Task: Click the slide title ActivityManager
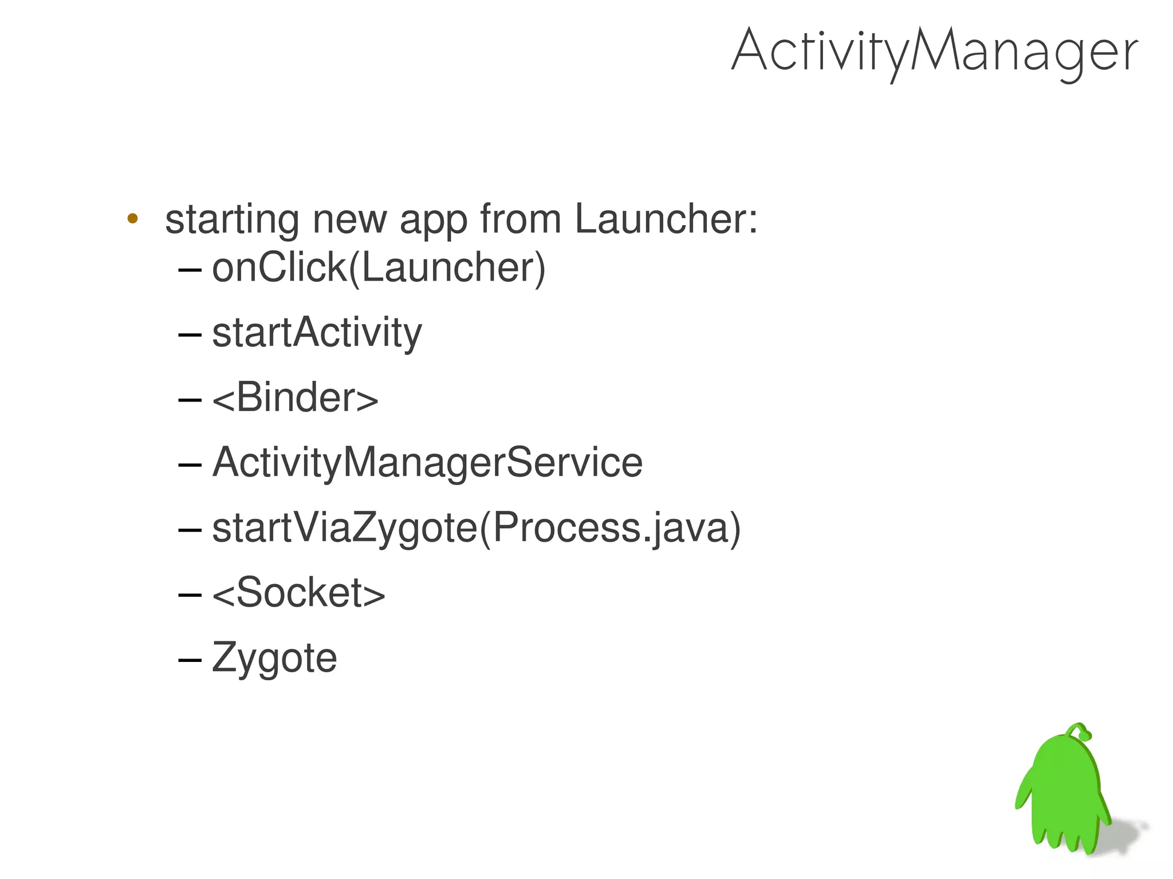[x=934, y=52]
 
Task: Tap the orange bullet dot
[x=132, y=218]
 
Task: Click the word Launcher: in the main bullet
[x=666, y=219]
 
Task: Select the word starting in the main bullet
[x=231, y=220]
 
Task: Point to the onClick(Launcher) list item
[x=378, y=267]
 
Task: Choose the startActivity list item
[x=317, y=333]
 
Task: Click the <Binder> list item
[x=295, y=397]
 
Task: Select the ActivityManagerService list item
[x=427, y=463]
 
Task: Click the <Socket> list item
[x=298, y=593]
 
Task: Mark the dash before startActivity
[x=190, y=334]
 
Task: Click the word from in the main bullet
[x=520, y=219]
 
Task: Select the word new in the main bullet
[x=349, y=220]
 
